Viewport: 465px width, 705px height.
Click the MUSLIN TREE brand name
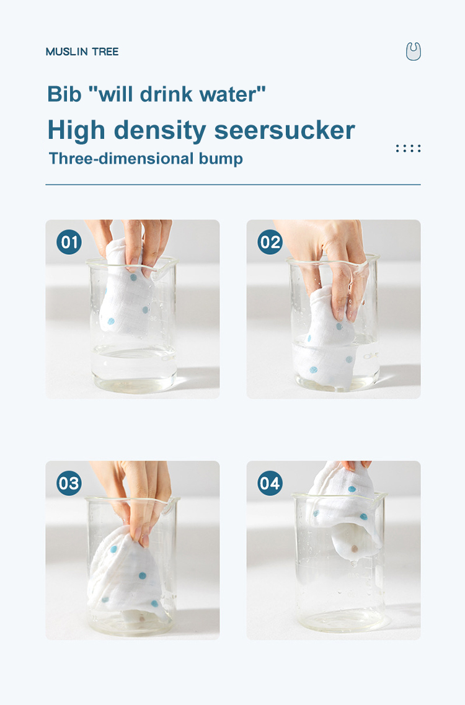click(x=82, y=51)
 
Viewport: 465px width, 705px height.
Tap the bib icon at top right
click(x=413, y=51)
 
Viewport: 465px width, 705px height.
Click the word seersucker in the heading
click(x=285, y=130)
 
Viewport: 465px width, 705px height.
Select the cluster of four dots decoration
click(x=408, y=148)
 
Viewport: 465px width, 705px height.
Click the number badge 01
click(x=69, y=242)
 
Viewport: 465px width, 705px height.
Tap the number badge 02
click(x=270, y=242)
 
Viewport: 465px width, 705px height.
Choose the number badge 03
click(x=69, y=483)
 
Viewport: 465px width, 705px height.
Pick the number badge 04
click(x=270, y=483)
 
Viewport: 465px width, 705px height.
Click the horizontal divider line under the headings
click(x=232, y=185)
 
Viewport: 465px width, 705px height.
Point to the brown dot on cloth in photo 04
click(x=354, y=549)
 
